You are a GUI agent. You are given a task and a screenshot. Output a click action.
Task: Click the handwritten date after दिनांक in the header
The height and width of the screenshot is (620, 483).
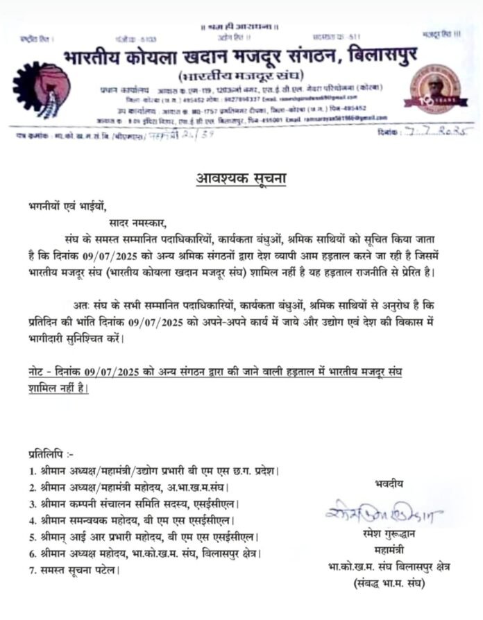click(430, 132)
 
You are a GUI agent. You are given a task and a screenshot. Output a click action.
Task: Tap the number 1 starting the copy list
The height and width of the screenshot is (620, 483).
click(32, 472)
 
